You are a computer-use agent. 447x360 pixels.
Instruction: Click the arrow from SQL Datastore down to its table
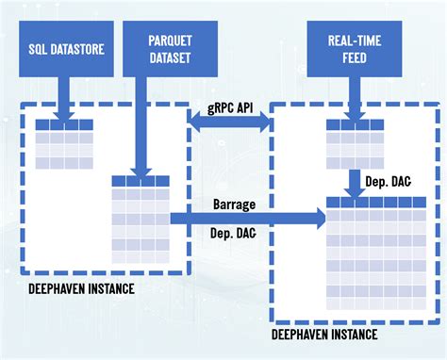point(62,98)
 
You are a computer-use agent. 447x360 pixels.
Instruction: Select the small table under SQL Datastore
point(64,145)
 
